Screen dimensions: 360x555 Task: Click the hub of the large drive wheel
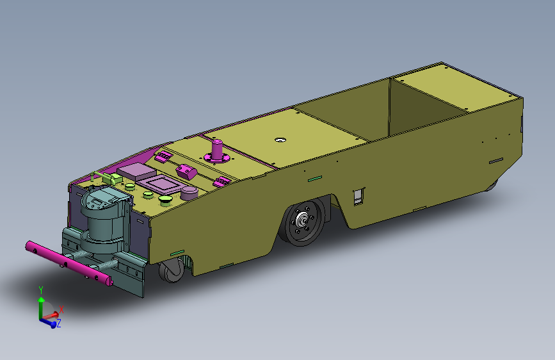click(302, 222)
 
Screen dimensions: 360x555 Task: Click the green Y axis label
click(41, 290)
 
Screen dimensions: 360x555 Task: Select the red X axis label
click(61, 309)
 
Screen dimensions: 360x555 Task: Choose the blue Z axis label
click(58, 323)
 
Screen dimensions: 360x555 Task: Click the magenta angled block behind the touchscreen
click(186, 171)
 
